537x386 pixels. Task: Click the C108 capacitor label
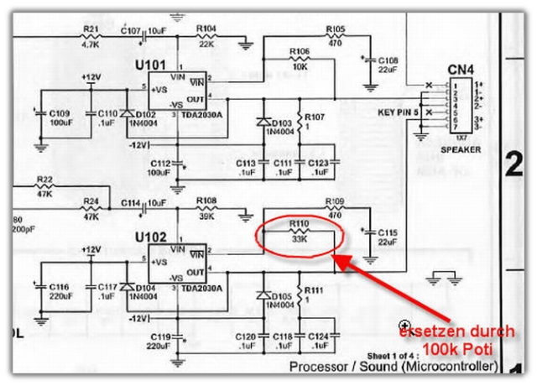pyautogui.click(x=388, y=61)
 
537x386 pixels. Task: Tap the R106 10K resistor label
pyautogui.click(x=300, y=52)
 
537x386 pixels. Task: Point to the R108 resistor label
pyautogui.click(x=206, y=201)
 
